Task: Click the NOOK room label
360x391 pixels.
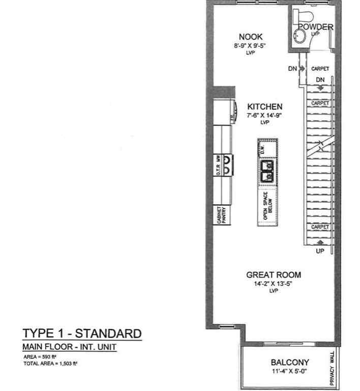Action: point(251,37)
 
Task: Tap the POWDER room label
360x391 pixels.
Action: point(315,27)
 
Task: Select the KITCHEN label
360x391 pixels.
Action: point(264,107)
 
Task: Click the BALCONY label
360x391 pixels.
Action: point(289,363)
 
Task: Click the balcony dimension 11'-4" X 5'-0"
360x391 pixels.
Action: point(290,372)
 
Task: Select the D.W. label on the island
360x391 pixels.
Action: point(263,150)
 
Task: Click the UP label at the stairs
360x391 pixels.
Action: point(320,251)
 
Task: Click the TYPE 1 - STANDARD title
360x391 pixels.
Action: point(82,334)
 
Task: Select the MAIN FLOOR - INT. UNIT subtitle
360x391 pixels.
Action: point(70,347)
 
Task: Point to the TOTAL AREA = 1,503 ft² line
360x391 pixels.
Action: point(50,364)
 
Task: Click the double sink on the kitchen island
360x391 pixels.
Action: point(266,171)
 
